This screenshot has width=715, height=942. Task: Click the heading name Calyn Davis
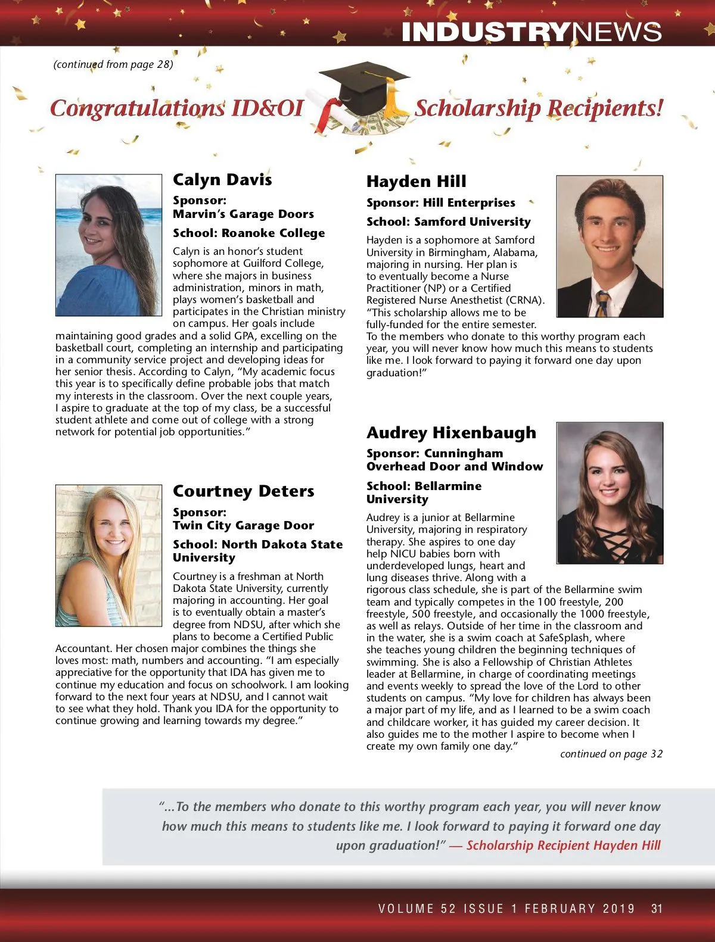click(x=222, y=180)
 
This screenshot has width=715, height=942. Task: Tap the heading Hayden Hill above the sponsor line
click(x=416, y=182)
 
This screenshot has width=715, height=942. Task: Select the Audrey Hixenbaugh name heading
click(x=451, y=433)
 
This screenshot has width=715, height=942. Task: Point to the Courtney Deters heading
click(x=243, y=491)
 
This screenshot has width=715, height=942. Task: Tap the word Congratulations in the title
click(x=137, y=108)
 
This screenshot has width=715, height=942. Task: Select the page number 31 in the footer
click(x=657, y=909)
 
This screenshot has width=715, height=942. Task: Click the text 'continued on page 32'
click(x=611, y=754)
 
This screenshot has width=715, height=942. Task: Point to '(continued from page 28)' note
click(x=113, y=64)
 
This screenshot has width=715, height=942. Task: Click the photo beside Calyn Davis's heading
click(x=108, y=245)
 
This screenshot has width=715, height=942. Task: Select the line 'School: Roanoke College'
click(x=248, y=233)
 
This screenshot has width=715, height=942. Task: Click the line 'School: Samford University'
click(x=448, y=222)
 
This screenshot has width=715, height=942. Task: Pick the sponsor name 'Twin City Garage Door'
click(x=243, y=526)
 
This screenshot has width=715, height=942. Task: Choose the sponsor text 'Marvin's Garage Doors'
click(x=243, y=214)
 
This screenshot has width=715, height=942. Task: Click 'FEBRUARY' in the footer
click(x=559, y=909)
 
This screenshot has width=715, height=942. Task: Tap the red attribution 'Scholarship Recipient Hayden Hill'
click(x=563, y=846)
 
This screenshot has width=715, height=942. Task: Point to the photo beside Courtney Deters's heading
click(x=108, y=556)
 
